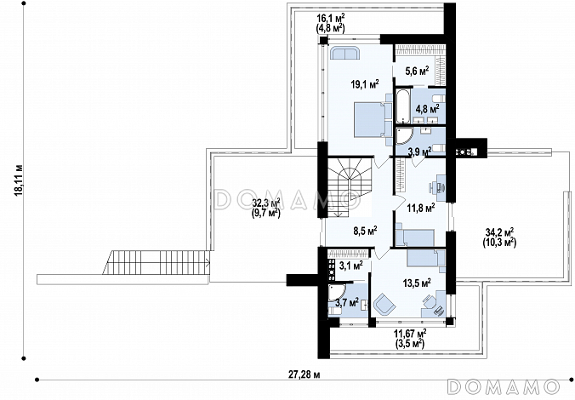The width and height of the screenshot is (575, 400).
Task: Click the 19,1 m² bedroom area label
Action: pos(365,84)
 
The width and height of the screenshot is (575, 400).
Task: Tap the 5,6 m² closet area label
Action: pos(417,71)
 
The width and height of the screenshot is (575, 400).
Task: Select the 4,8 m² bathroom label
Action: pos(427,109)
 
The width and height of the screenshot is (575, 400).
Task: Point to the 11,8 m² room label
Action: pos(421,208)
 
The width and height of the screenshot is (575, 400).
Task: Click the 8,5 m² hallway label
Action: pos(365,231)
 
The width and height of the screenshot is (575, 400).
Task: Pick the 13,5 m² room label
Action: pos(417,283)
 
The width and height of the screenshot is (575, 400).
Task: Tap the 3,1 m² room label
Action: pos(350,265)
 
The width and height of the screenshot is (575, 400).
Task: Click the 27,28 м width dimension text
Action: pos(304,374)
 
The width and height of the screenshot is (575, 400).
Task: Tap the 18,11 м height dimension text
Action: pos(19,180)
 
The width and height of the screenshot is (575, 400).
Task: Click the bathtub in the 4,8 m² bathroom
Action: pos(402,106)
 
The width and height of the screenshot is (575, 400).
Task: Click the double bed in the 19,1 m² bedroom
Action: pos(370,120)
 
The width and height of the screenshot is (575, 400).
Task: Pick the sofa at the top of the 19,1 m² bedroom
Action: pos(345,53)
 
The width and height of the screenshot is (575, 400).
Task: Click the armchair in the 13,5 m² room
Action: pos(384,304)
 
